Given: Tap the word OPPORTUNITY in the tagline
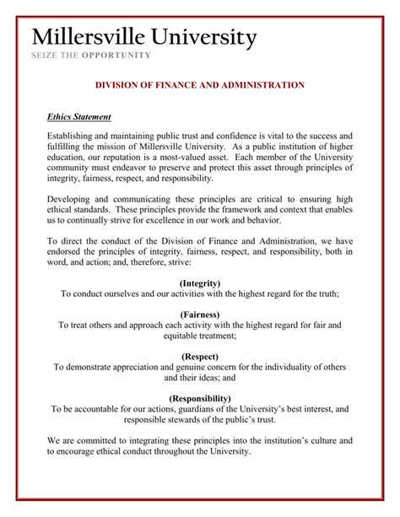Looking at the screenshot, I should coord(117,56).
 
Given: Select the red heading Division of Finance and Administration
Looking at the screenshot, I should coord(199,85).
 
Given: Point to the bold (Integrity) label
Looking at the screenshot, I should coord(199,283).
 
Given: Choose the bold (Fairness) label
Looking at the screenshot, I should coord(199,314).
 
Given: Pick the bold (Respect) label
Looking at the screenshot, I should coord(199,357).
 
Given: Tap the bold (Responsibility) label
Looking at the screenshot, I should coord(199,398).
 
